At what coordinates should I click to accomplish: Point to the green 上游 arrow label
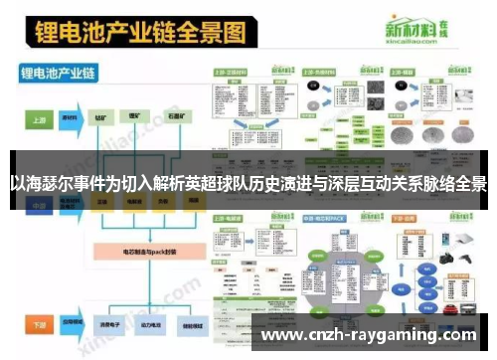pyautogui.click(x=39, y=117)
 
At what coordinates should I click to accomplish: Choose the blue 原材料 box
pyautogui.click(x=71, y=117)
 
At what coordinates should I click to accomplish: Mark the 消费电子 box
pyautogui.click(x=101, y=324)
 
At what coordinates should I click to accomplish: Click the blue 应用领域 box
pyautogui.click(x=71, y=324)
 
